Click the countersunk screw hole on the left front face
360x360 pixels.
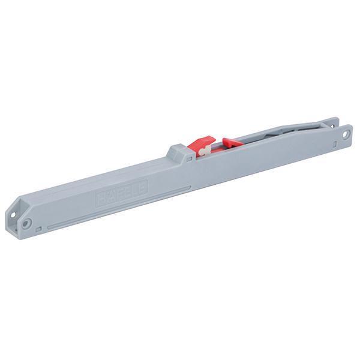click(27, 223)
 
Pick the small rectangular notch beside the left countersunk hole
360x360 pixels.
click(40, 228)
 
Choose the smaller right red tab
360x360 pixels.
click(230, 143)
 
